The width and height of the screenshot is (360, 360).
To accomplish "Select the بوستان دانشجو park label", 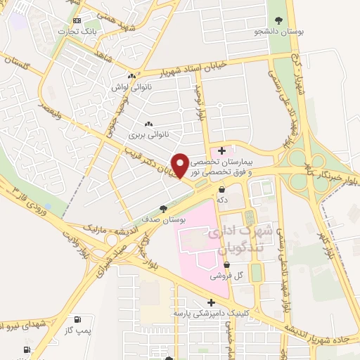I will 279,32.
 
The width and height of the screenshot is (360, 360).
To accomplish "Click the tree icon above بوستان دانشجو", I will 279,20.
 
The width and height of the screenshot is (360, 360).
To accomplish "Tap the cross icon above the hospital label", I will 221,150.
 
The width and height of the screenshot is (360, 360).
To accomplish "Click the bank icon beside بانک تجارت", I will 77,20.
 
